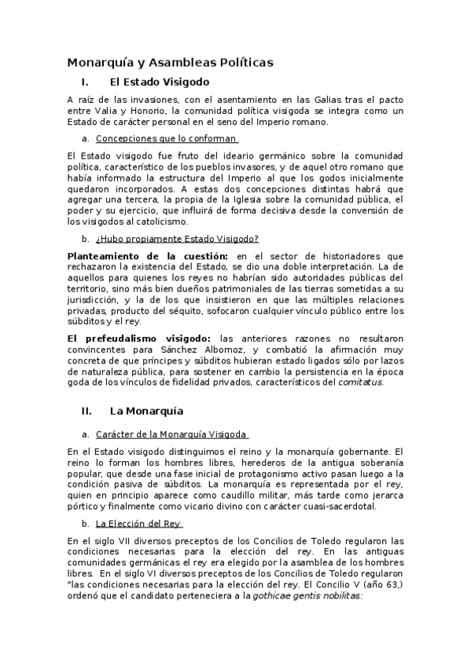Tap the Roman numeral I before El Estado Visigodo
click(x=84, y=81)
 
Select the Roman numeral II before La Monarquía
click(x=86, y=411)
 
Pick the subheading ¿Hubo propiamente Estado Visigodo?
click(x=177, y=239)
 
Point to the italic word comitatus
click(x=360, y=382)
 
